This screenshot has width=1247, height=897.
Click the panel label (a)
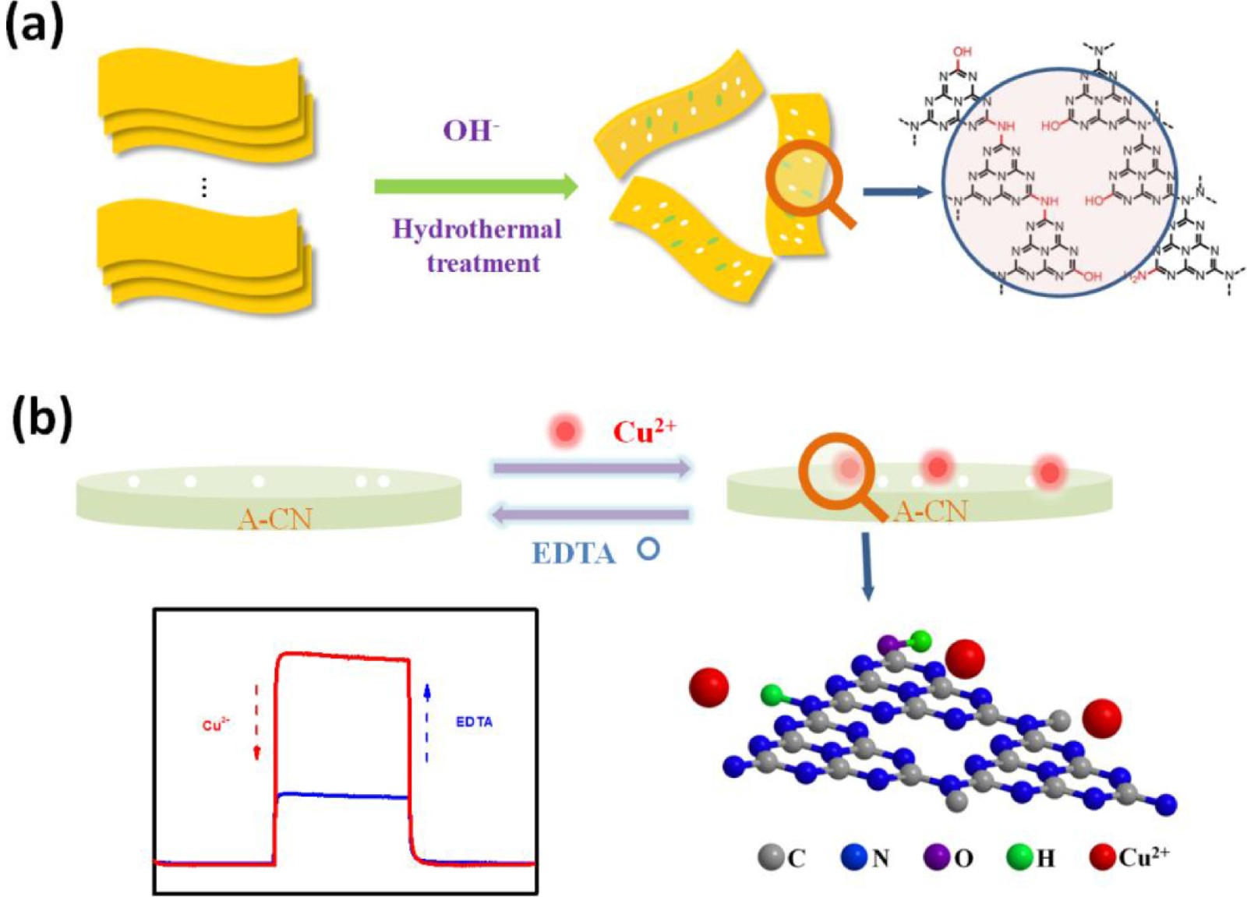pos(35,29)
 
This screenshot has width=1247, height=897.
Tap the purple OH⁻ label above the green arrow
pos(470,130)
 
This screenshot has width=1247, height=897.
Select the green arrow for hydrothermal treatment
pos(475,187)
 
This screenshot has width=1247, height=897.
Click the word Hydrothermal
pos(476,229)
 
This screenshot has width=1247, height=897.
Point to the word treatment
pos(483,263)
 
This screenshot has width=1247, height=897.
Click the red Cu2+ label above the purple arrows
pos(644,431)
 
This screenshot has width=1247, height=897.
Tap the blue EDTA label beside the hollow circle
pos(574,553)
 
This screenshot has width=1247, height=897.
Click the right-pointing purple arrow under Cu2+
pos(592,468)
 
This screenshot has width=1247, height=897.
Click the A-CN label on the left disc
pos(274,518)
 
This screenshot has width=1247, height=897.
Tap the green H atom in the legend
pos(1019,857)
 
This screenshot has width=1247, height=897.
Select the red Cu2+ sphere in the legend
pos(1102,857)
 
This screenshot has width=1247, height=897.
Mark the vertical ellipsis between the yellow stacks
pos(204,187)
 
